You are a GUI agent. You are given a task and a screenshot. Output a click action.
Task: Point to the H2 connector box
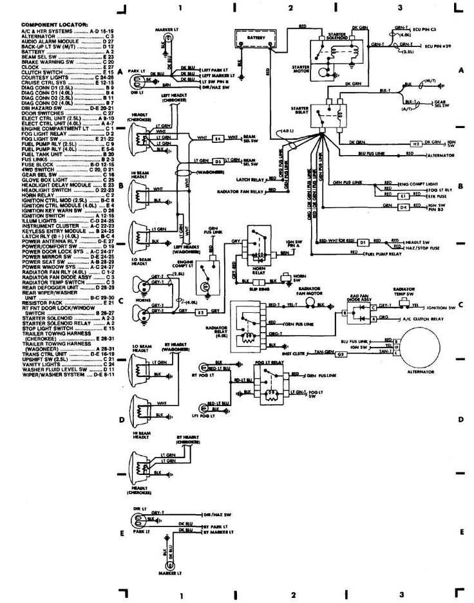click(x=417, y=143)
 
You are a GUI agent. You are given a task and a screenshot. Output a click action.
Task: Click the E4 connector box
click(x=218, y=138)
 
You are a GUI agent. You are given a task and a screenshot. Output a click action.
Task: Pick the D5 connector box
click(x=218, y=162)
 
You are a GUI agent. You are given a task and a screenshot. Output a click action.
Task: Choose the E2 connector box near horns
click(x=200, y=312)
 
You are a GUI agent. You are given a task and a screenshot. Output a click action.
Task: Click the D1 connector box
click(x=363, y=242)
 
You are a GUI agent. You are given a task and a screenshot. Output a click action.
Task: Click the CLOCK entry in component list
click(x=32, y=67)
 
